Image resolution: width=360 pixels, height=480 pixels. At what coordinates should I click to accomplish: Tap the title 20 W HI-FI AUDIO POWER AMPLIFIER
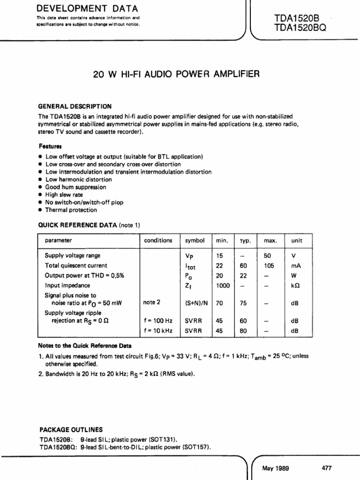pyautogui.click(x=176, y=74)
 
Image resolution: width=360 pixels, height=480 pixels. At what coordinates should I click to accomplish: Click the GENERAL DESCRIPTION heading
pyautogui.click(x=75, y=106)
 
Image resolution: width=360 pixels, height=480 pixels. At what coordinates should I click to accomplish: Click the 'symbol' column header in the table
pyautogui.click(x=195, y=240)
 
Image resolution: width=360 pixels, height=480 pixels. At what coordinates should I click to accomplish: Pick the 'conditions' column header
pyautogui.click(x=158, y=240)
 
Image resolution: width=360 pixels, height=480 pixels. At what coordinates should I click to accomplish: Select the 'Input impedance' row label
pyautogui.click(x=67, y=285)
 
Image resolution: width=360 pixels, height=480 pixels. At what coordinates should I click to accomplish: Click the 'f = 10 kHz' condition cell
pyautogui.click(x=158, y=330)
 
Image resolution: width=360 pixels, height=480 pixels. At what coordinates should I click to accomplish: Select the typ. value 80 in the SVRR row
pyautogui.click(x=244, y=330)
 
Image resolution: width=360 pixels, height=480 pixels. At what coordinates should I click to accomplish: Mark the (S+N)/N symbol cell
pyautogui.click(x=196, y=303)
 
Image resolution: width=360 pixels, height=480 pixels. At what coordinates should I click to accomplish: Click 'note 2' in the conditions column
pyautogui.click(x=152, y=303)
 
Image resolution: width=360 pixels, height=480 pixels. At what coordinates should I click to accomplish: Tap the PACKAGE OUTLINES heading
pyautogui.click(x=70, y=429)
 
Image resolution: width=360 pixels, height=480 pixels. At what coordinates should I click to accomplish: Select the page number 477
pyautogui.click(x=327, y=468)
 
